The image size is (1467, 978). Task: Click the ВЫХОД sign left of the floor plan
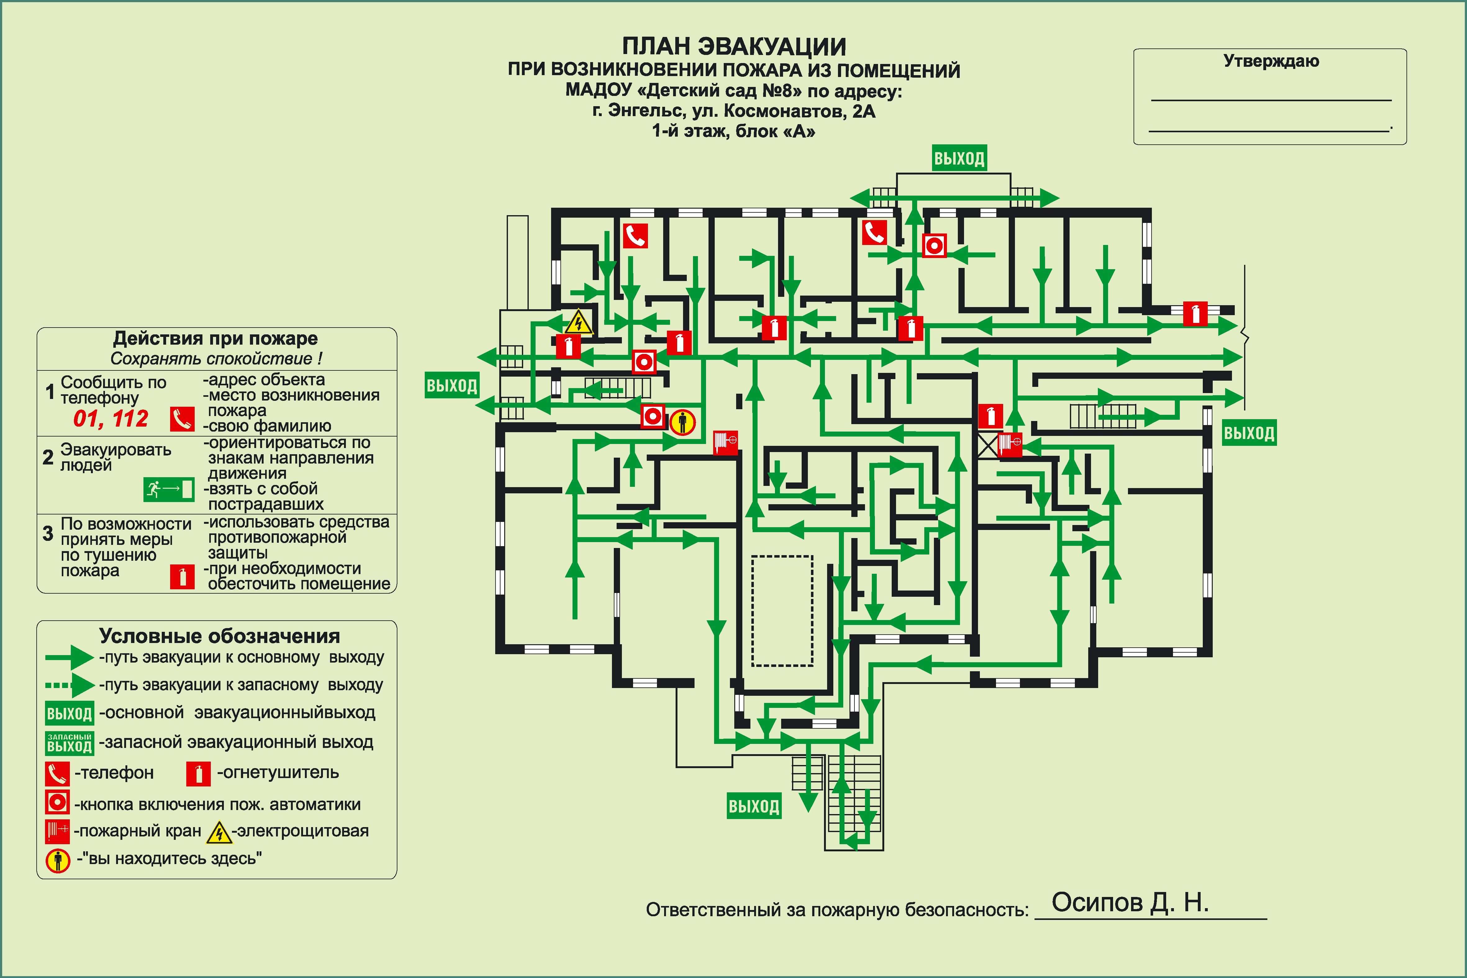tap(451, 386)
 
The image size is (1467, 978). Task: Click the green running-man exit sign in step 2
tap(168, 489)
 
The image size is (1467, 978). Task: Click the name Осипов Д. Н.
tap(1130, 902)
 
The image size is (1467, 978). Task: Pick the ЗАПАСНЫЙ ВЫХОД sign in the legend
tap(69, 743)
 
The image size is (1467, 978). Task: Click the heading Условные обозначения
tap(220, 636)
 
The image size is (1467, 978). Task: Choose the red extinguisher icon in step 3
tap(182, 577)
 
